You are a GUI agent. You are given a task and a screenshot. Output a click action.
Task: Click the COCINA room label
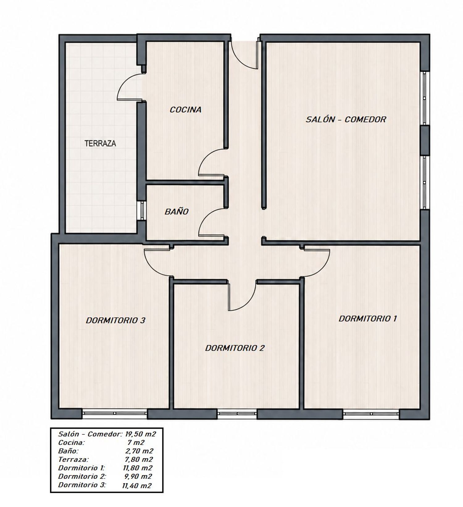coord(186,110)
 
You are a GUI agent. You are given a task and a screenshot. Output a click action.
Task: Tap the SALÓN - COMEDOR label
coord(346,119)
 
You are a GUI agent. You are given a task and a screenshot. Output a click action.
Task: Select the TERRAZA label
coord(100,143)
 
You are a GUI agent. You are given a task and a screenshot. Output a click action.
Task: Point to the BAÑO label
coord(177,212)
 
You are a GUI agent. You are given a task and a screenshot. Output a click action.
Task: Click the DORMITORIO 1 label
coord(368,319)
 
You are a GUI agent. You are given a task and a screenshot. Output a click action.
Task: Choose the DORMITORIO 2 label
coord(235,348)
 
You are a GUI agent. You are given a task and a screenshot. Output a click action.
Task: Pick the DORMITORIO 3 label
coord(115,320)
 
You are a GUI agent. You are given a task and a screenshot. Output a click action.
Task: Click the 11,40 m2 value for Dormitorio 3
coord(137,486)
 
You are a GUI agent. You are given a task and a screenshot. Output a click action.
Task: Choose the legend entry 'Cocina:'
coord(71,442)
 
